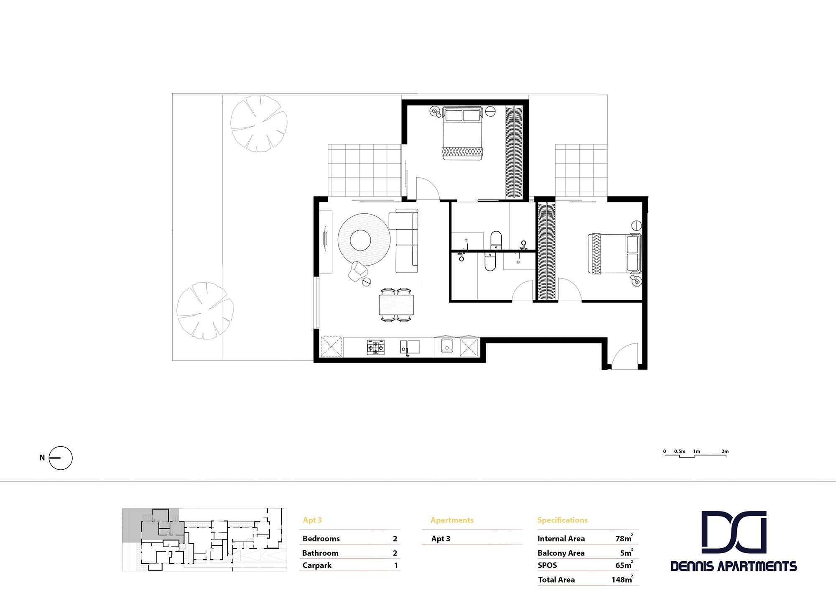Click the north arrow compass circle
point(61,458)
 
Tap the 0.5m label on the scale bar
point(680,451)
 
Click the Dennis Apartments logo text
point(734,566)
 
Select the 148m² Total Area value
point(622,580)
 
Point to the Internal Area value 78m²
point(624,539)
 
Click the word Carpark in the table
point(317,565)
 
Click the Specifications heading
point(562,520)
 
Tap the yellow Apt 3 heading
point(312,520)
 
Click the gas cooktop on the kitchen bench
point(375,347)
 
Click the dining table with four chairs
point(396,305)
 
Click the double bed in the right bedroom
point(614,253)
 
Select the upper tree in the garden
point(259,123)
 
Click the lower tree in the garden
point(205,310)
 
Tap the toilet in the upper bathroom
point(496,240)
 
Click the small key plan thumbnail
point(204,540)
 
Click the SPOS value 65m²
point(624,565)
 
